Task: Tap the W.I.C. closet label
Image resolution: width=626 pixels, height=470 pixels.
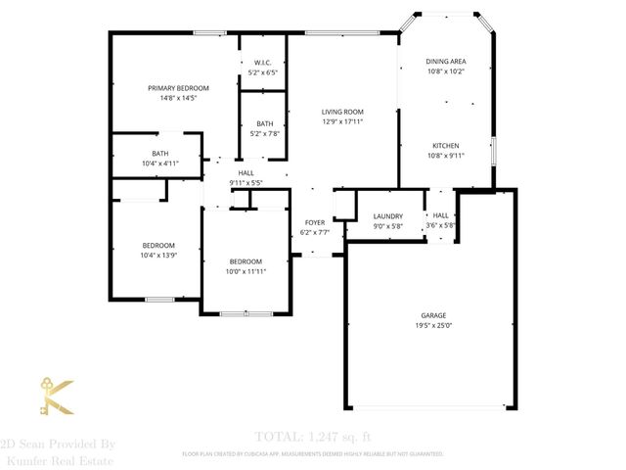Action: point(262,62)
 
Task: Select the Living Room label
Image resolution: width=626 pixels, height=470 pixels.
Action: point(342,113)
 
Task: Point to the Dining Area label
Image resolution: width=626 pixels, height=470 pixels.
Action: point(445,61)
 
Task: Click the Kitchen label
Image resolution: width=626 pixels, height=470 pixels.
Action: point(445,145)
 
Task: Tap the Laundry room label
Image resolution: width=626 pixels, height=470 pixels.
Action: point(388,216)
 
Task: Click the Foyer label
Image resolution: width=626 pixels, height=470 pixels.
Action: point(314,222)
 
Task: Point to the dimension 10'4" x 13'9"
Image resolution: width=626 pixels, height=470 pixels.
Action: point(158,255)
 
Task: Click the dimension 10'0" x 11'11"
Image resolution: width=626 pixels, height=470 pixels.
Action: point(246,271)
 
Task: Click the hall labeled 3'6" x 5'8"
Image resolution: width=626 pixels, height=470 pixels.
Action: point(441,220)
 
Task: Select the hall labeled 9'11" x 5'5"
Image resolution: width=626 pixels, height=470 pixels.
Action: point(246,177)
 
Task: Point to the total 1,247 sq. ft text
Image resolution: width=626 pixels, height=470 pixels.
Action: point(313,436)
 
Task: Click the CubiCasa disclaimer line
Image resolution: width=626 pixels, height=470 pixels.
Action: point(313,454)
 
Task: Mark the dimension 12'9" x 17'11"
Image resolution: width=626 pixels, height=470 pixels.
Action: point(342,122)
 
